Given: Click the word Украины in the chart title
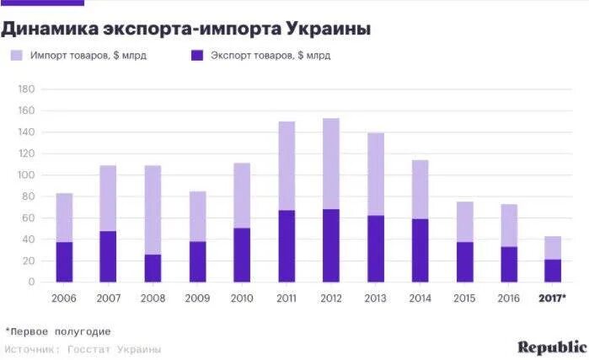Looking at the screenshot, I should click(329, 29).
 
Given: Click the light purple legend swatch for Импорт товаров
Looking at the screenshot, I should click(17, 56).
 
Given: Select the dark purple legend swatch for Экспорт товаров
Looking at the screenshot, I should click(197, 56).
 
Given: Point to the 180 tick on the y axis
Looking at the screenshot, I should click(24, 89).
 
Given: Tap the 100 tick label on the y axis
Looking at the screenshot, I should click(24, 175).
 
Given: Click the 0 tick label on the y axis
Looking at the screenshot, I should click(29, 282).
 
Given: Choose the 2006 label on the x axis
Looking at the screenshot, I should click(64, 298).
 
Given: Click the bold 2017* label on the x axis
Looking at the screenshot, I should click(552, 298).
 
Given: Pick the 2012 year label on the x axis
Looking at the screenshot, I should click(329, 298).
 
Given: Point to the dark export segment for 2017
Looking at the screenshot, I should click(552, 271).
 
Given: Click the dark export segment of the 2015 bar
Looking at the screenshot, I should click(463, 262).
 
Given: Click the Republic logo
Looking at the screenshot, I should click(552, 347).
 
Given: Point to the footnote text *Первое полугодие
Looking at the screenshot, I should click(57, 331).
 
